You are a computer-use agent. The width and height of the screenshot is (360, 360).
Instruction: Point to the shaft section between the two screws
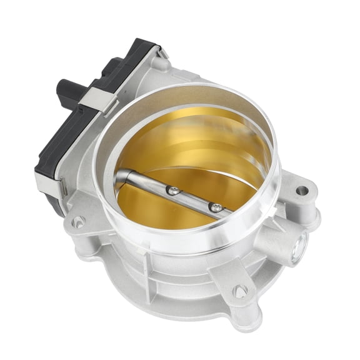click(x=195, y=197)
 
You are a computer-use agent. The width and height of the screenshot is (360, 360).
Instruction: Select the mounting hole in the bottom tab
click(x=239, y=292)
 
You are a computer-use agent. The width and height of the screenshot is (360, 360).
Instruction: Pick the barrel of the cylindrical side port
click(x=291, y=247)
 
